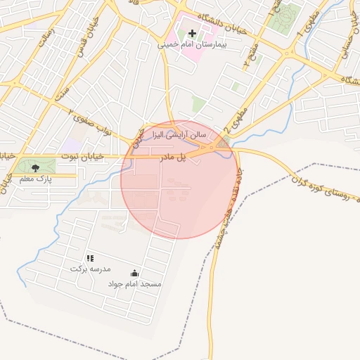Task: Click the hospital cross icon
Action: coord(192,33)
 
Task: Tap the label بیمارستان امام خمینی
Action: coord(192,44)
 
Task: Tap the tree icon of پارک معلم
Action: coord(36,167)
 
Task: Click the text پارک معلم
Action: coord(36,179)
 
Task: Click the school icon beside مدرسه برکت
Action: coord(90,259)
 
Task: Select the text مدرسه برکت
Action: coord(91,269)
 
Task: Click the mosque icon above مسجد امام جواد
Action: coord(134,273)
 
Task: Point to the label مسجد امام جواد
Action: coord(134,284)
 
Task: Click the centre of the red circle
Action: coord(179,179)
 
